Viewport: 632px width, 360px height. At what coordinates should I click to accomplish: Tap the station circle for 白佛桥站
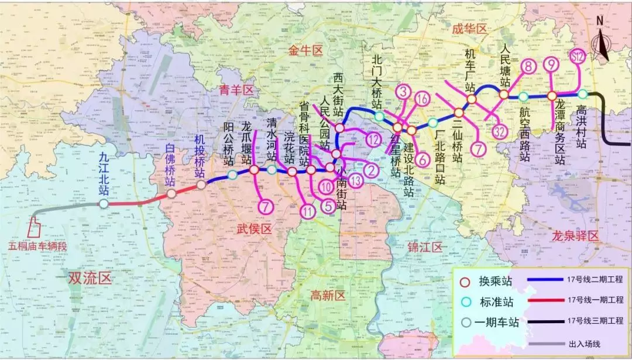[x=171, y=194]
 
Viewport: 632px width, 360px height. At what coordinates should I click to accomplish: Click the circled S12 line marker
[x=578, y=57]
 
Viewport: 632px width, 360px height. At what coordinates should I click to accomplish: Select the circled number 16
[x=423, y=99]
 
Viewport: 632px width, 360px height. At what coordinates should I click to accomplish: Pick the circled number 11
[x=308, y=212]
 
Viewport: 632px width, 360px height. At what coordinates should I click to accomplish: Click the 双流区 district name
[x=89, y=277]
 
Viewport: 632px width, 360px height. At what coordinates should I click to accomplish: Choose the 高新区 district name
[x=329, y=295]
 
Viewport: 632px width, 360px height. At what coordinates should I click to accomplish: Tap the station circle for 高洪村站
[x=582, y=94]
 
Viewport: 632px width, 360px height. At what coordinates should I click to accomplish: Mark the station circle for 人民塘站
[x=503, y=94]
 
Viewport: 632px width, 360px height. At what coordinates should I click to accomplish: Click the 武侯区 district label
[x=255, y=230]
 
